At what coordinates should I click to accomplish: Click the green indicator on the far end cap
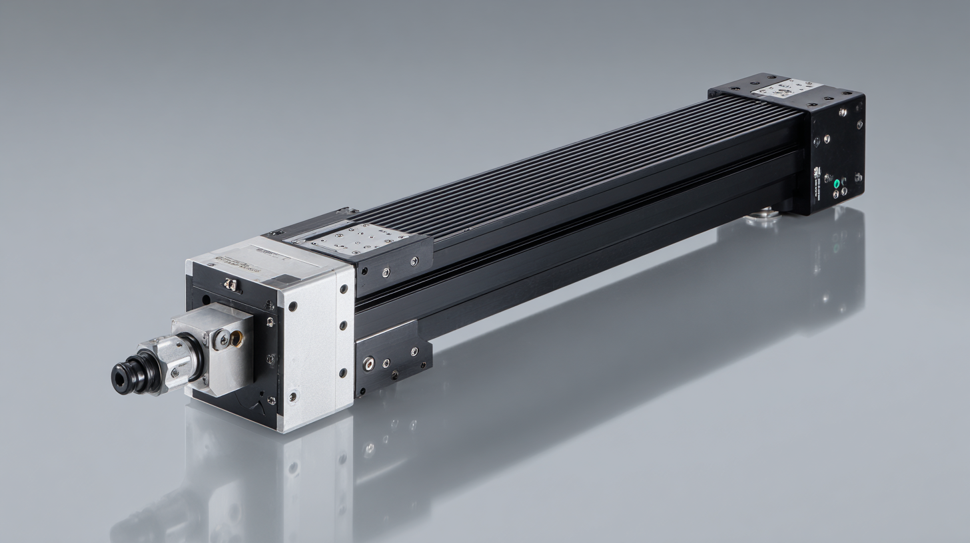click(x=837, y=182)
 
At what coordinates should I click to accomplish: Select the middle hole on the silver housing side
click(x=343, y=326)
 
